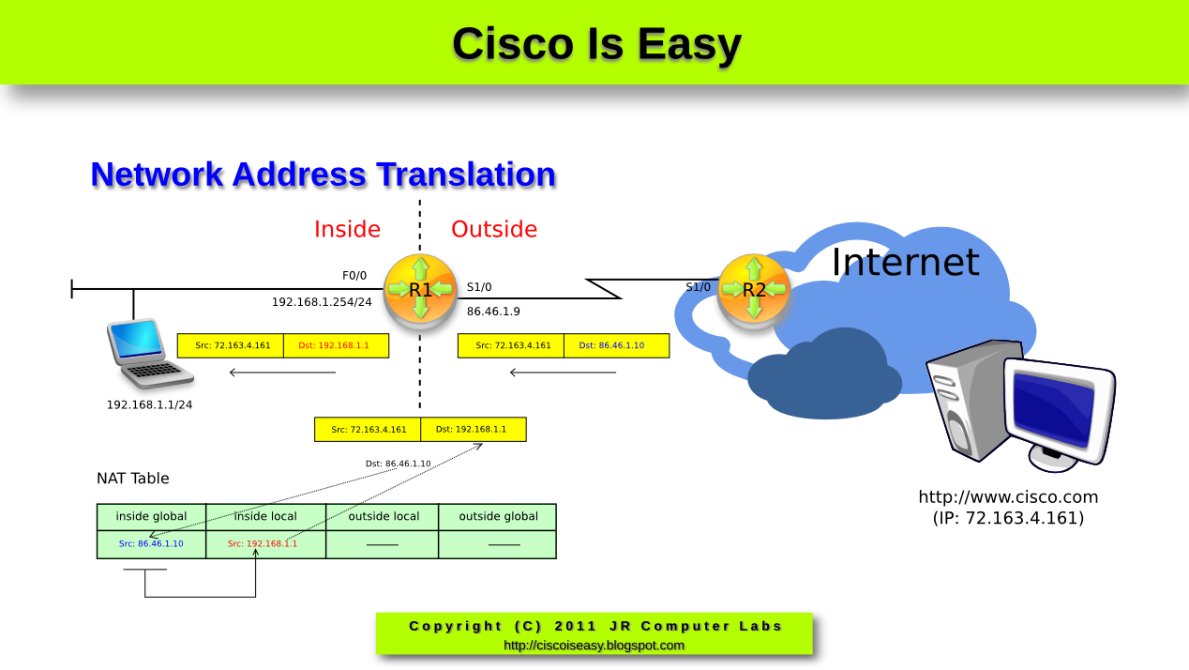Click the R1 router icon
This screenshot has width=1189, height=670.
tap(420, 291)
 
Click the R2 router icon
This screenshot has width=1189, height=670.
tap(753, 291)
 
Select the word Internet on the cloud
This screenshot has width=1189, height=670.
tap(905, 262)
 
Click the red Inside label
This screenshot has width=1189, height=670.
tap(347, 230)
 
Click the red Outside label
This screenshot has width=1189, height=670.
tap(494, 230)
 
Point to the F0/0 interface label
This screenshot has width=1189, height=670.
tap(354, 276)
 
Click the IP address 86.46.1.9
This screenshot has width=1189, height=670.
tap(493, 311)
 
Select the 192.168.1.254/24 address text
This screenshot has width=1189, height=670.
tap(322, 302)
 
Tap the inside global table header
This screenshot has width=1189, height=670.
tap(151, 516)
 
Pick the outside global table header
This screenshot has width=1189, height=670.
tap(498, 516)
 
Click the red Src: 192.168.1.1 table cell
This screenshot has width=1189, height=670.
tap(263, 544)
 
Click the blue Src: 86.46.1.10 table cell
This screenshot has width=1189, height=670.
tap(151, 544)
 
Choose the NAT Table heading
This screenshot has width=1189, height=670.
tap(133, 479)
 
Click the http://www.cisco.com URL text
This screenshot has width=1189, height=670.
tap(1008, 497)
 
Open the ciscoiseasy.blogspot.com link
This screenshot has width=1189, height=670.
tap(594, 646)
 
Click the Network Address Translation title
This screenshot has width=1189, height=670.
tap(324, 175)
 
